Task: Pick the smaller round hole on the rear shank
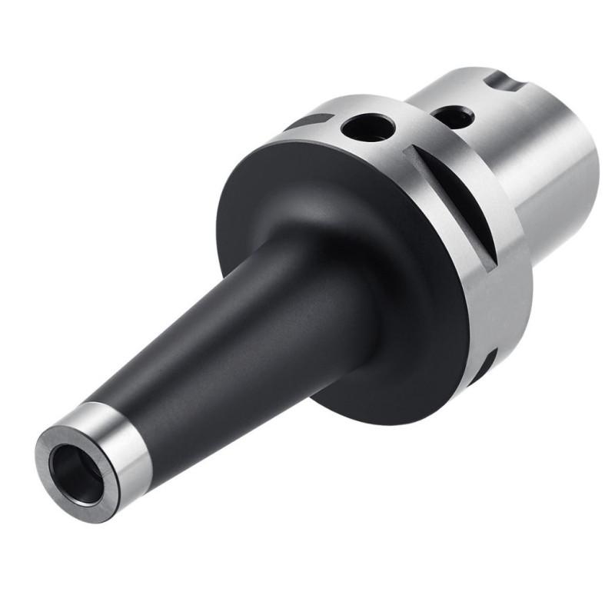coord(451,118)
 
